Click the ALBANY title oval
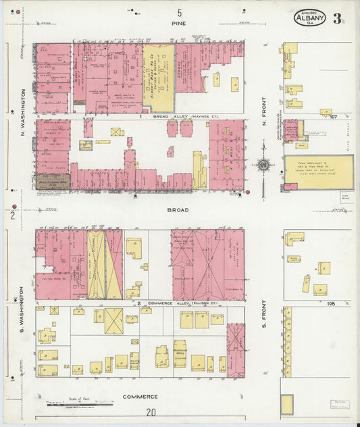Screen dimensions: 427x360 pos(309,18)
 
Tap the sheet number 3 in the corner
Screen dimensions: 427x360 pos(337,18)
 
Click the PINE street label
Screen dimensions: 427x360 pos(180,23)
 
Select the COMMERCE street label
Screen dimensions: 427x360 pos(140,397)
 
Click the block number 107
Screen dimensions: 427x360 pos(334,116)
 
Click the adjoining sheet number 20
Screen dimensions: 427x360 pos(151,412)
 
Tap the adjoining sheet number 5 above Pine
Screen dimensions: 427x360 pos(180,13)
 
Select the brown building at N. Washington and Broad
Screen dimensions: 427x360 pos(52,181)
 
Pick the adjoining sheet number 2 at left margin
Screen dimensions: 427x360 pos(12,216)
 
